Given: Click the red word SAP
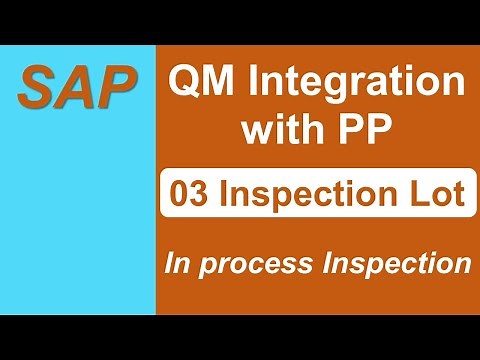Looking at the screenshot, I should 78,88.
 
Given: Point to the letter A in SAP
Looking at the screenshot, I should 78,88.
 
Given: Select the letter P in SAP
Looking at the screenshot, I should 116,88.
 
